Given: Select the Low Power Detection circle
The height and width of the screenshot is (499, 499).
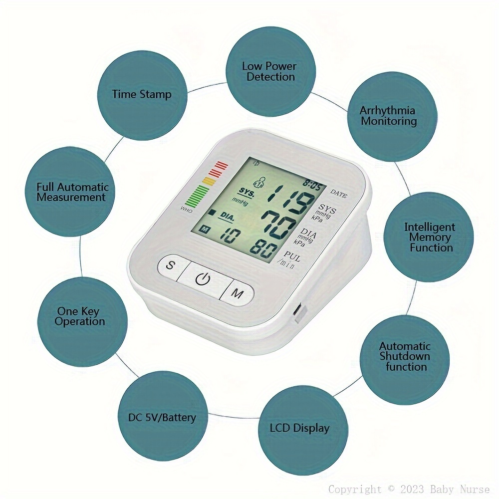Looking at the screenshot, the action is (270, 71).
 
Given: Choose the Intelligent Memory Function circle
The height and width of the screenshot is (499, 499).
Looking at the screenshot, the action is (429, 237).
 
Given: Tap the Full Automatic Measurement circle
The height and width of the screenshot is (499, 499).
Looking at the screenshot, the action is (70, 191).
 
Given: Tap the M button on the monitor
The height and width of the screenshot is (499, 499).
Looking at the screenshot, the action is (237, 293).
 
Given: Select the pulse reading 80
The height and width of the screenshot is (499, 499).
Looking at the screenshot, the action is (263, 249).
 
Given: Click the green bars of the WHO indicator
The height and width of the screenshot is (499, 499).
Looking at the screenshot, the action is (197, 196).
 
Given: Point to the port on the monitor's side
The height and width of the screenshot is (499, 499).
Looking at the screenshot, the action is (299, 313).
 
